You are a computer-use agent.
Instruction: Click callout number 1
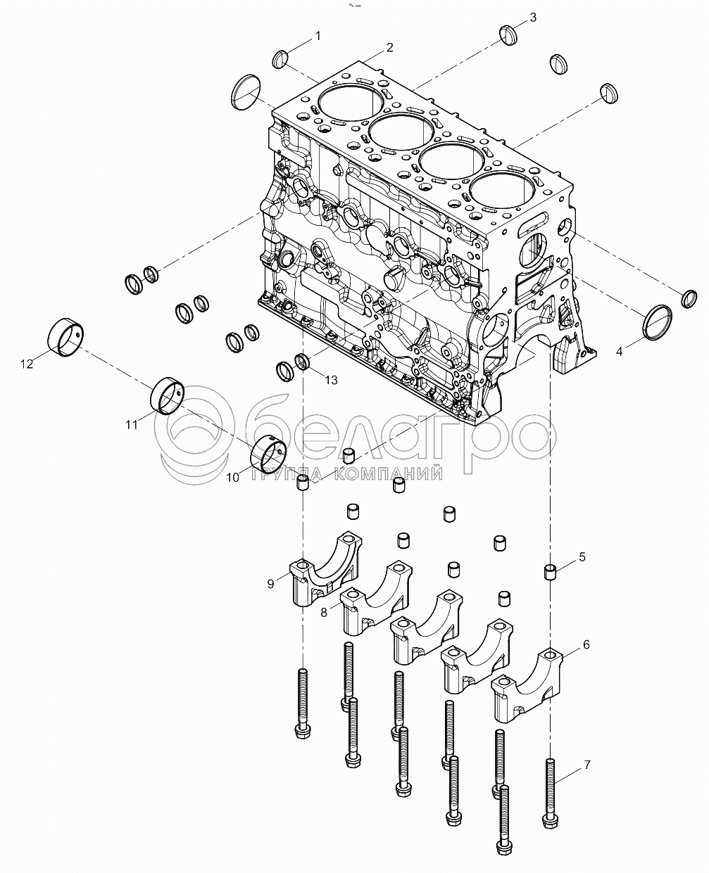coord(318,34)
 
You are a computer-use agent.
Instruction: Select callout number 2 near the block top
coord(389,48)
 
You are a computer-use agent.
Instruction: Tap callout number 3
coord(533,17)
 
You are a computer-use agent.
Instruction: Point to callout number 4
coord(620,350)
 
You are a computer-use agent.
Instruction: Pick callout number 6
coord(586,644)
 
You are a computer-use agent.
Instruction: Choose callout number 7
coord(586,765)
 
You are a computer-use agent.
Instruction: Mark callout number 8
coord(324,612)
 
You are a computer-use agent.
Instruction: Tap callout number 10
coord(233,478)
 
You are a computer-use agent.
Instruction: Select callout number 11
coord(132,424)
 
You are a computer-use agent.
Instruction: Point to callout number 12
coord(27,364)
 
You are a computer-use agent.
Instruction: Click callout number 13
coord(330,380)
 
